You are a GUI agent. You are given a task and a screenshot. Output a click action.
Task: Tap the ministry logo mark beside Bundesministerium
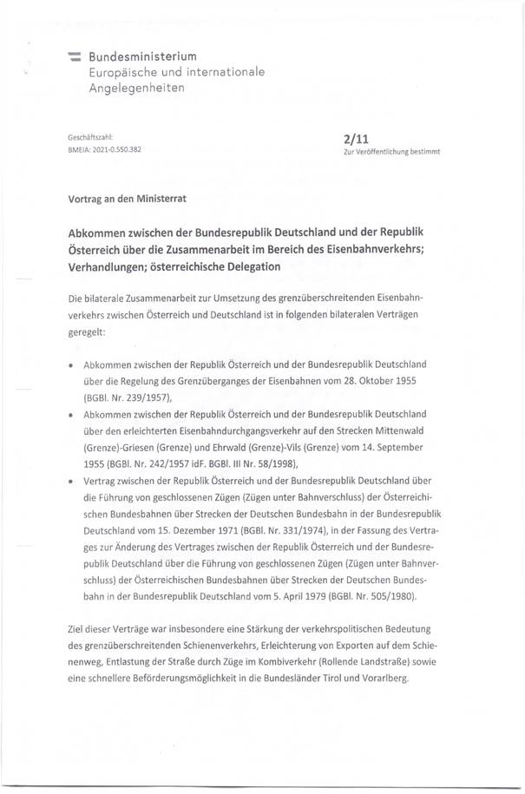coord(75,56)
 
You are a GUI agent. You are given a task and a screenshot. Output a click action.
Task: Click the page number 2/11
coord(358,136)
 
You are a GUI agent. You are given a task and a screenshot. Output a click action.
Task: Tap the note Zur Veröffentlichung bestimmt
coord(392,151)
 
